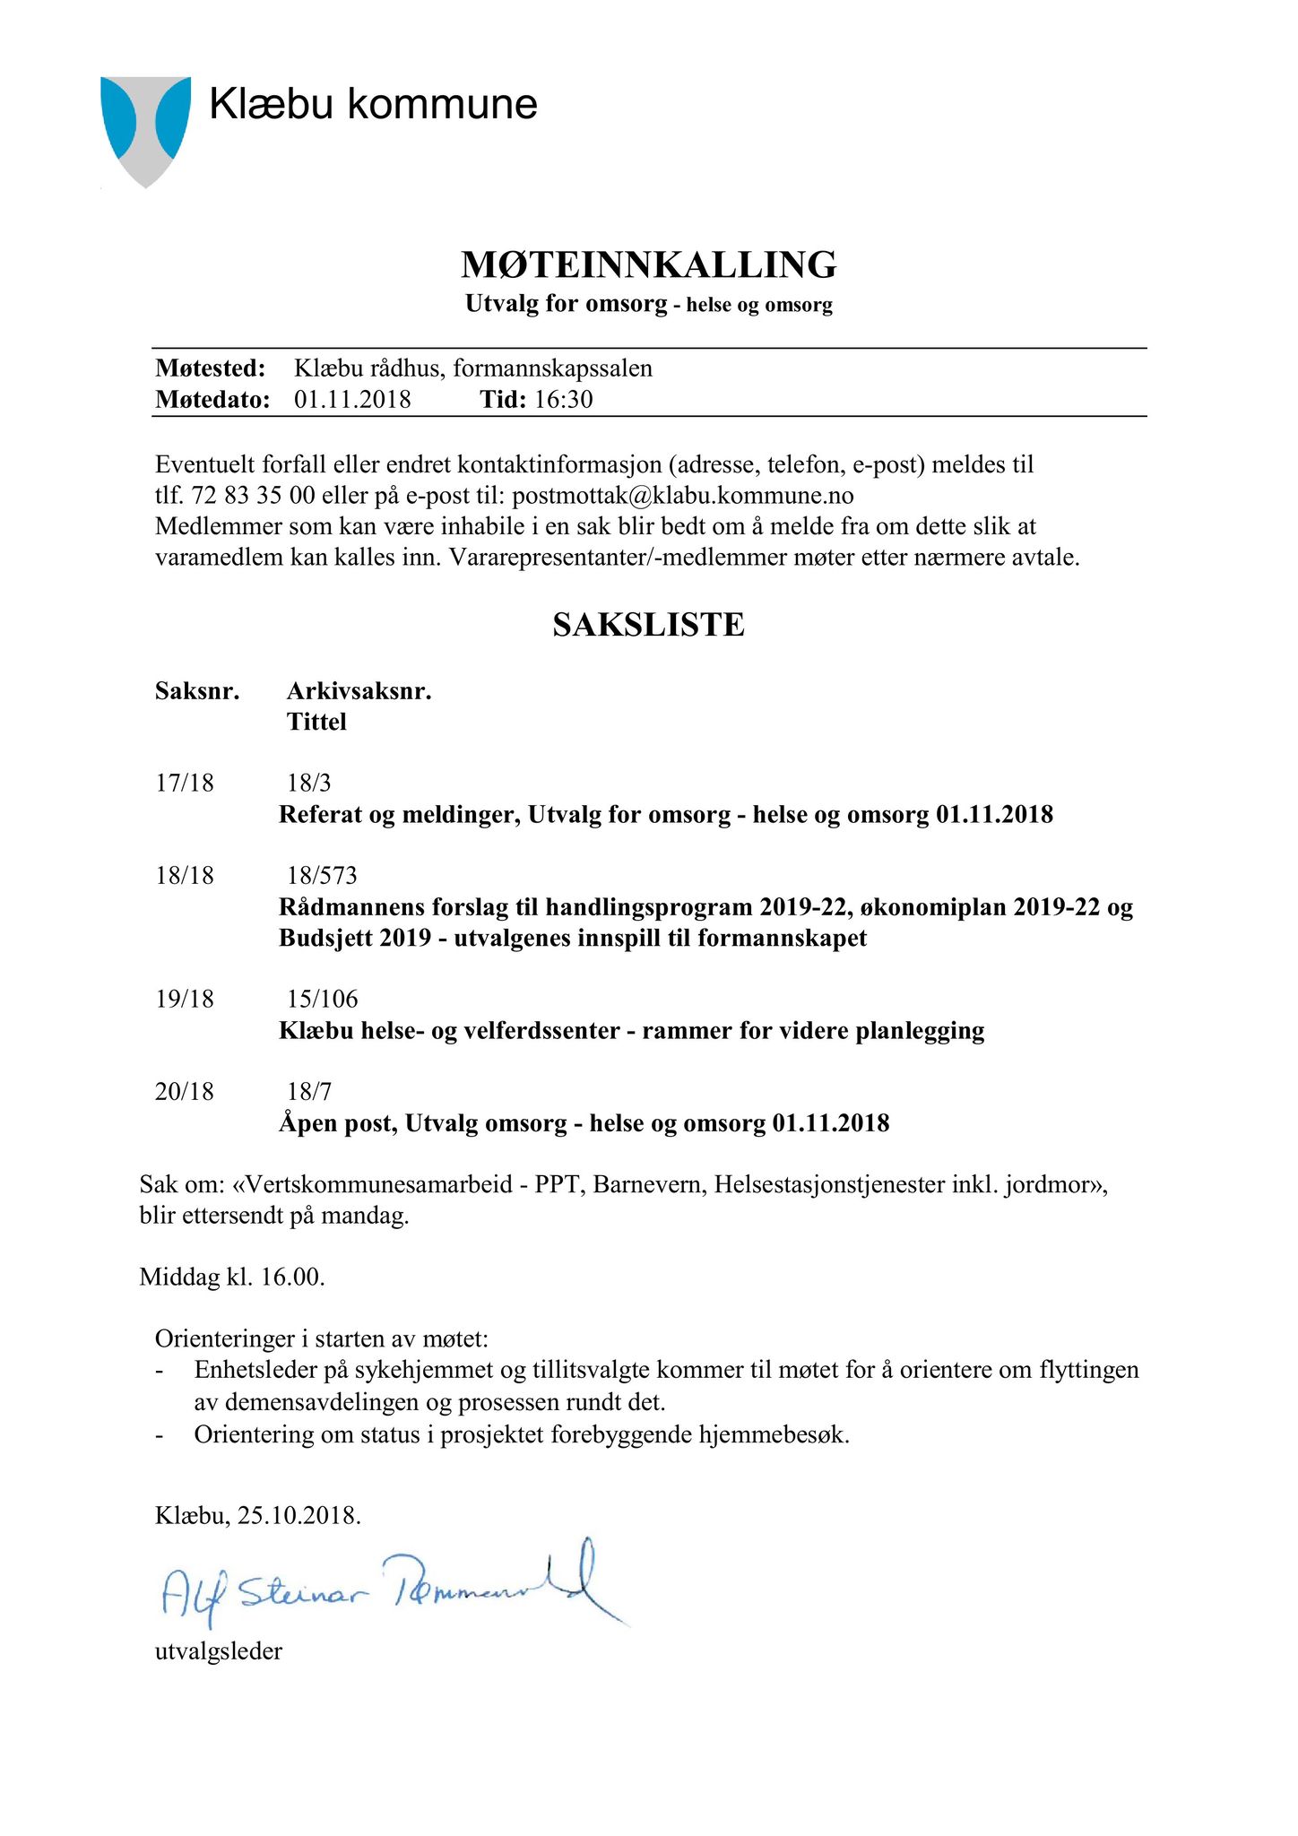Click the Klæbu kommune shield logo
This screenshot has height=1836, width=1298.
(145, 130)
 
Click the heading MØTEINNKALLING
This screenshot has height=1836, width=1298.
(648, 265)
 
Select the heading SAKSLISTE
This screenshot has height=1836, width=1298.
(648, 625)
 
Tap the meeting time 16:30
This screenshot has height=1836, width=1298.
(564, 399)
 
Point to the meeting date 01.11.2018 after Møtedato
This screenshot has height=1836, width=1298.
(352, 399)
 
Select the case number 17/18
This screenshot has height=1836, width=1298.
(185, 784)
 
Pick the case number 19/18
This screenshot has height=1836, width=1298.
(185, 999)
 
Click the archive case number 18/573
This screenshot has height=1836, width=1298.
(322, 875)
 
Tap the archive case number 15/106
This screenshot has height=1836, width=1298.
(322, 999)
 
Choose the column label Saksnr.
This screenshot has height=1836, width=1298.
(197, 691)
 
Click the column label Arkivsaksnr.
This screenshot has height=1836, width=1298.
(359, 691)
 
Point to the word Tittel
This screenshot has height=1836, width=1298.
(316, 722)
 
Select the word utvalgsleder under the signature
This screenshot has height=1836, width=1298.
(219, 1650)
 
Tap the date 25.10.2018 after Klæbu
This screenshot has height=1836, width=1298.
(299, 1516)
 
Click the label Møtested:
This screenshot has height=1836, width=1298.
(211, 368)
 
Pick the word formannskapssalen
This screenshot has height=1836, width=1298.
(553, 368)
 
